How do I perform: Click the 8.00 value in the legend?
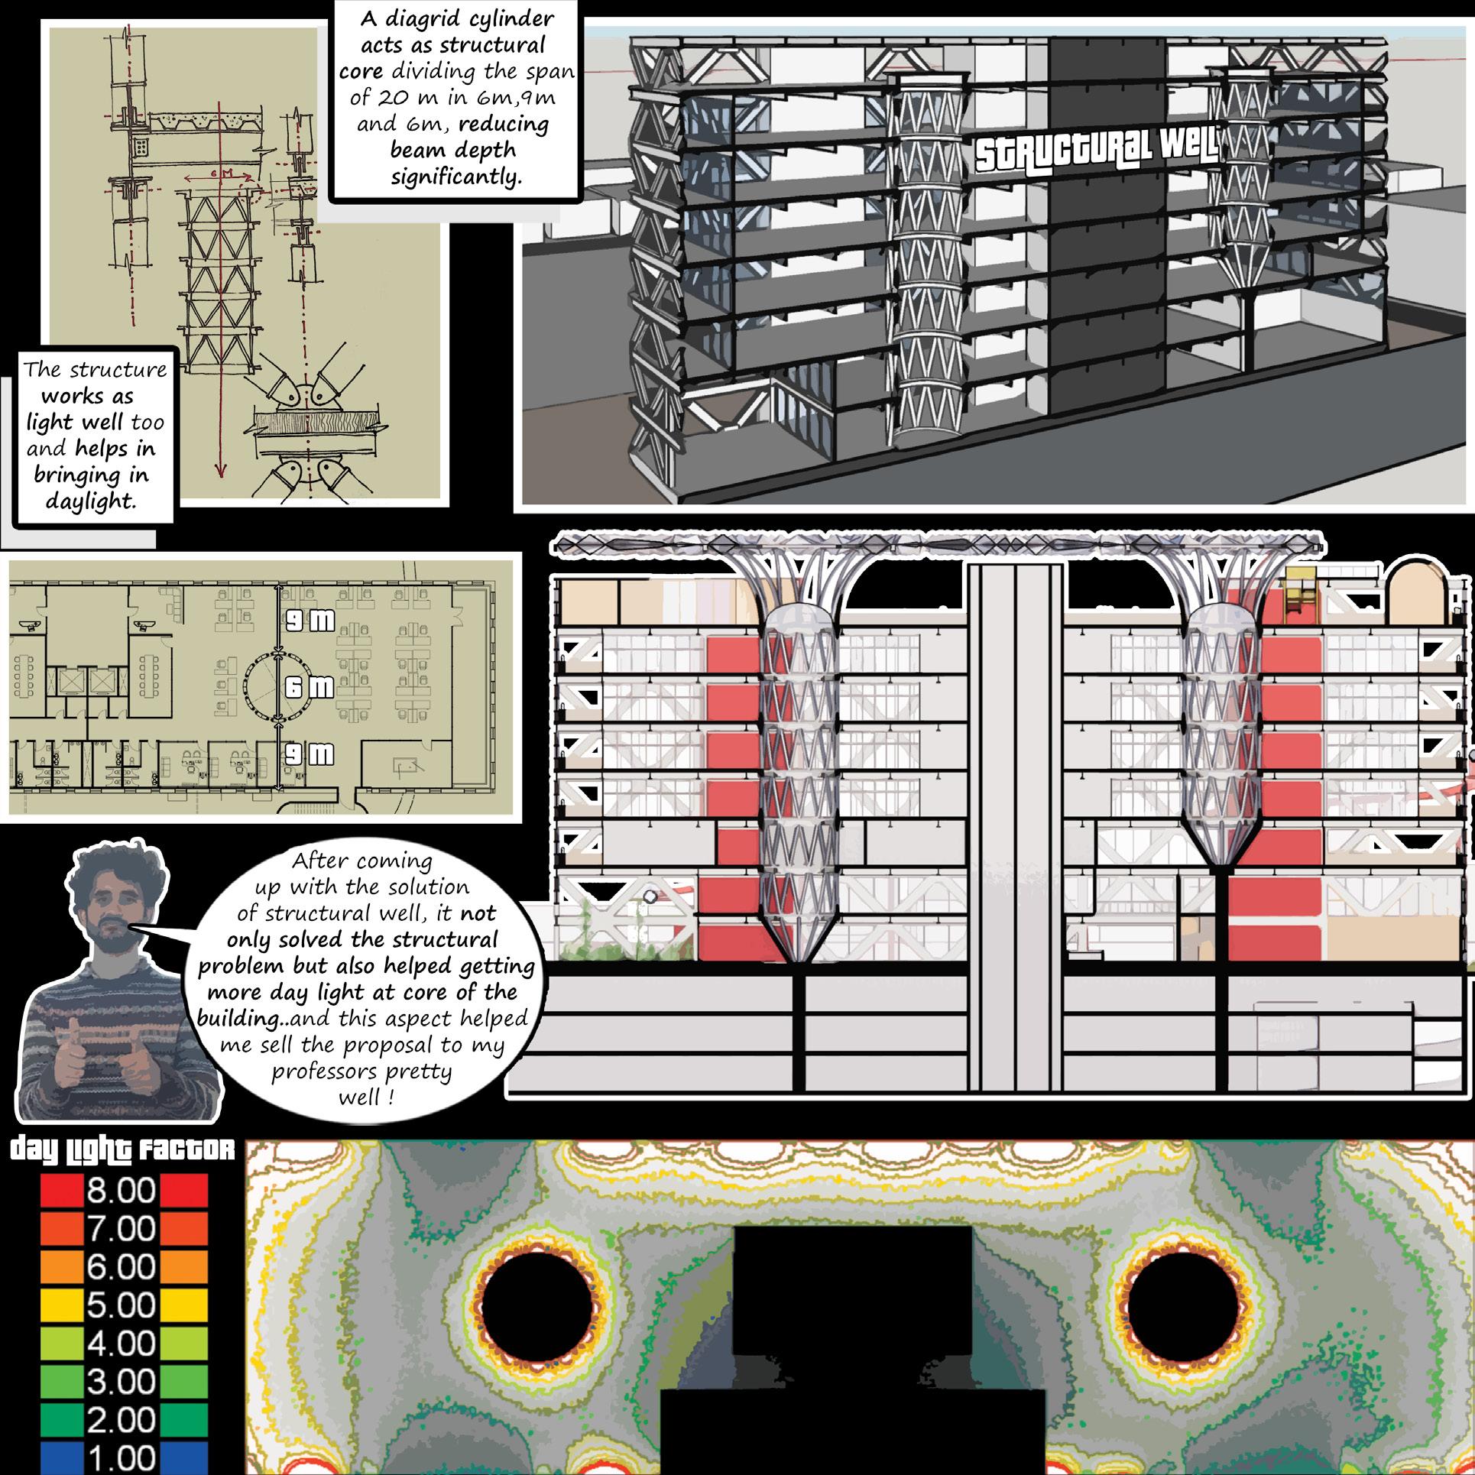click(x=121, y=1191)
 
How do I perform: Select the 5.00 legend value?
click(x=121, y=1306)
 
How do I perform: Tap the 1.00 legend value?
click(x=121, y=1456)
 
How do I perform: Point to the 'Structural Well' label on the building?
click(x=1097, y=152)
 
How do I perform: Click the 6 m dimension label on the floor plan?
click(x=309, y=687)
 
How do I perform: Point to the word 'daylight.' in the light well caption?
click(x=89, y=502)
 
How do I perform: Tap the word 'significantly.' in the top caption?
click(x=456, y=177)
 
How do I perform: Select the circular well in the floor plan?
click(x=276, y=686)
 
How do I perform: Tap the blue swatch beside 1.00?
click(x=60, y=1456)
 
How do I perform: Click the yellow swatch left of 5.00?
click(x=60, y=1306)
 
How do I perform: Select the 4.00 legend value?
click(x=121, y=1344)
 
